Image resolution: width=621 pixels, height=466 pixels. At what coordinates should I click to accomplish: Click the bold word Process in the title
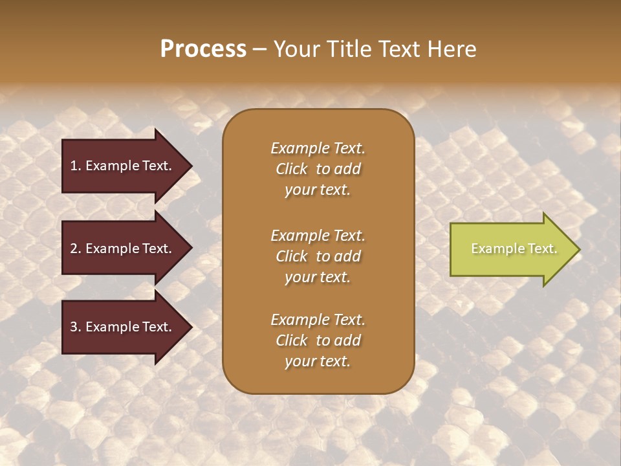pos(203,49)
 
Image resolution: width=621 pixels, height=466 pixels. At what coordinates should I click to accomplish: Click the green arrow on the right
pos(511,249)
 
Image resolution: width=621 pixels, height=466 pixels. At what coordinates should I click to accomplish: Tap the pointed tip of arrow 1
pos(191,166)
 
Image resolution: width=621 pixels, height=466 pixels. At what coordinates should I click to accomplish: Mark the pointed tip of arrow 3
pos(191,327)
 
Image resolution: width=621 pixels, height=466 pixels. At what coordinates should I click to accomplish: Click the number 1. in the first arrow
pos(76,166)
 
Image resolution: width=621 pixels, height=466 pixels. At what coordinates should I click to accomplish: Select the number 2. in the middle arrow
pos(76,249)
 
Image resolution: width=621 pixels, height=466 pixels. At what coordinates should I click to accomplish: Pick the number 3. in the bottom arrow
pos(76,327)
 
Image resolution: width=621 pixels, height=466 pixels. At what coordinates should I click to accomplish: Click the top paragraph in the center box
pos(318,169)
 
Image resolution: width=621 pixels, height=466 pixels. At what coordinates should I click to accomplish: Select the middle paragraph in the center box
pos(318,256)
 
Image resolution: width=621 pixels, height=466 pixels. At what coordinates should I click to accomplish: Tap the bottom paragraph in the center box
pos(318,340)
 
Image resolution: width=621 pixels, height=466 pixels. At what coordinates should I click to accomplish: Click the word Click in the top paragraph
pos(292,169)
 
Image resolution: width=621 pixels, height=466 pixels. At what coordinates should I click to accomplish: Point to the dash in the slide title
pos(259,49)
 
